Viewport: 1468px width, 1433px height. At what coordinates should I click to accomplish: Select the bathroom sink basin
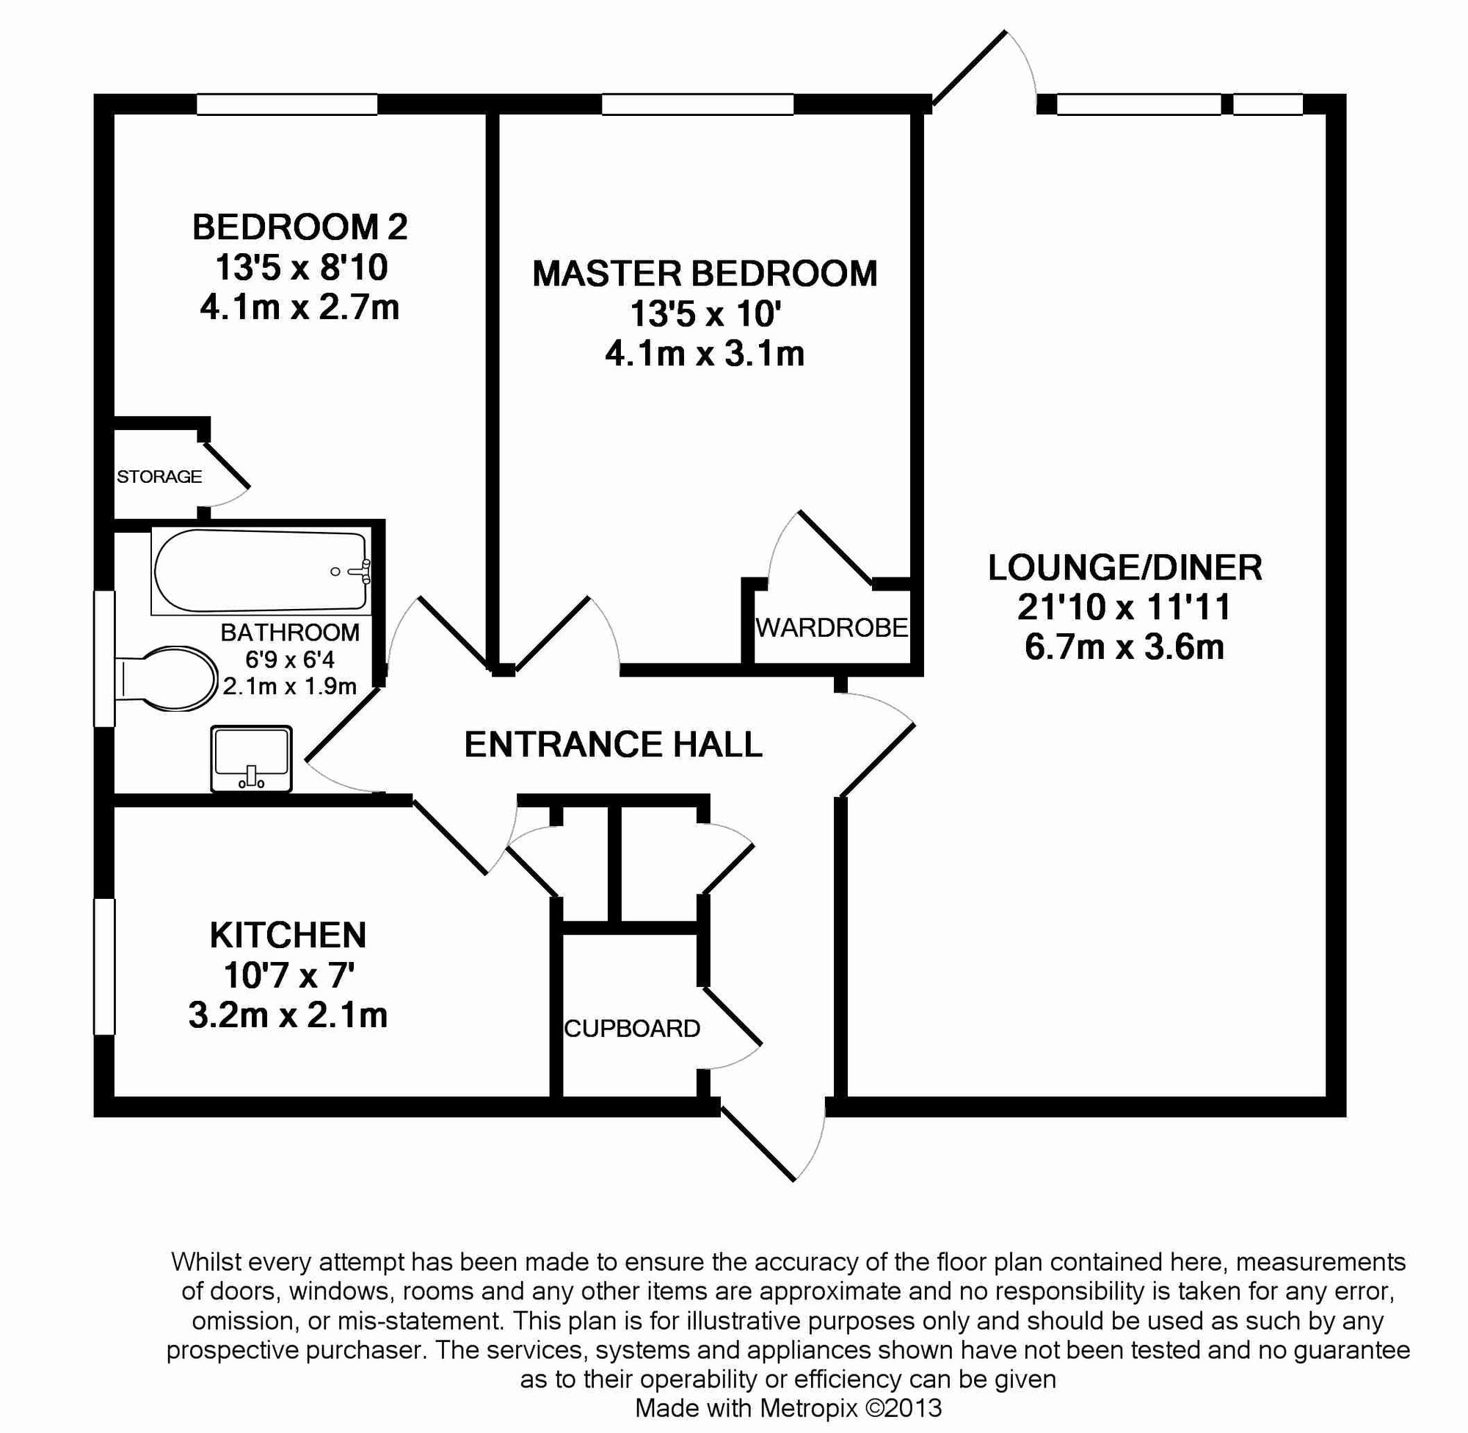pos(252,759)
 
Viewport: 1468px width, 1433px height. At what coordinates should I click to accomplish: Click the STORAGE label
pos(159,476)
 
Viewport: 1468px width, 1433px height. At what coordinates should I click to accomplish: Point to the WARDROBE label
pos(832,627)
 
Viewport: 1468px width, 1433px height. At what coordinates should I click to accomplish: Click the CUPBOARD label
pos(633,1028)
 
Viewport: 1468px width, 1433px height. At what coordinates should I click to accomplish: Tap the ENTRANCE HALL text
pos(614,744)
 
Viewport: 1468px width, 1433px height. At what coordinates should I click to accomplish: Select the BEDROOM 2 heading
pos(299,227)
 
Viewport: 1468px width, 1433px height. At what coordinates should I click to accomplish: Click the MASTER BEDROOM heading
pos(705,273)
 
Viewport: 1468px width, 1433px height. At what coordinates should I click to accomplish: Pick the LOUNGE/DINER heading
pos(1124,567)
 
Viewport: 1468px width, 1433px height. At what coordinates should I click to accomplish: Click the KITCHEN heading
pos(288,936)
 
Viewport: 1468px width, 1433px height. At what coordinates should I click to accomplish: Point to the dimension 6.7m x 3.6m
pos(1124,647)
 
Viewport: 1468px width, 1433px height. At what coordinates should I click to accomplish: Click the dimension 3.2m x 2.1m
pos(288,1016)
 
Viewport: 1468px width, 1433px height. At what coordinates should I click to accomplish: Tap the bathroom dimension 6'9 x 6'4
pos(290,660)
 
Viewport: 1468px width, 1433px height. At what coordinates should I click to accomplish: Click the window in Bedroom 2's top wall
pos(287,104)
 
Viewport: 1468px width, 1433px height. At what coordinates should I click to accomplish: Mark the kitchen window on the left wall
pos(104,966)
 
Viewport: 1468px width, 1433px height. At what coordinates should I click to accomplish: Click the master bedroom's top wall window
pos(698,104)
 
